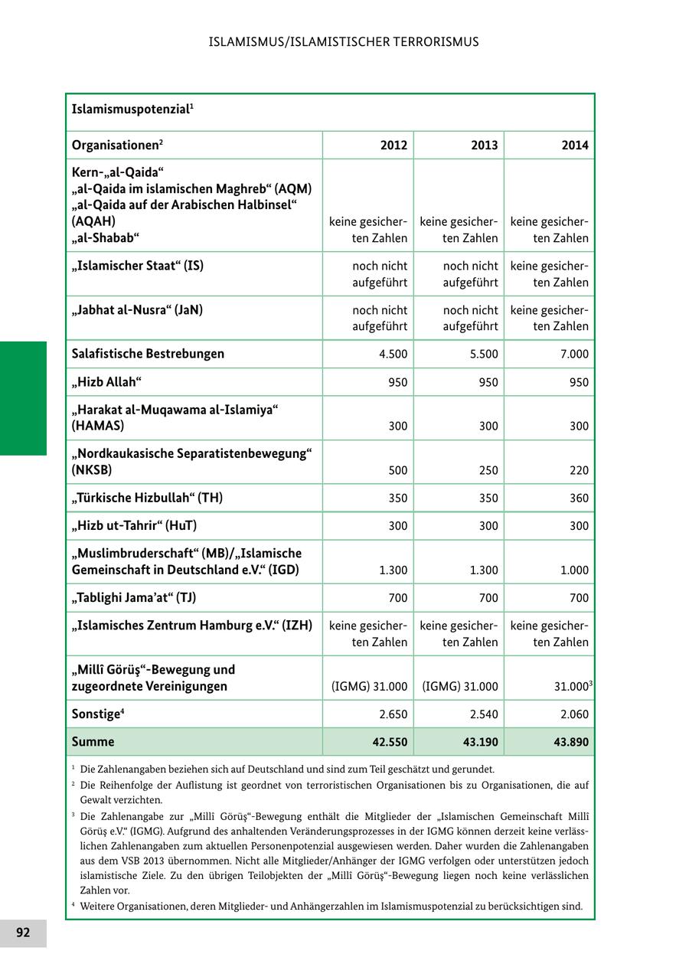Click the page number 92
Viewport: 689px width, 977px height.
point(23,933)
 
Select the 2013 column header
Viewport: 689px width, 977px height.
point(485,145)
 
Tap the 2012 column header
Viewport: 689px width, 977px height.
point(394,145)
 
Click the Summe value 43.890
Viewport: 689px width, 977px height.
point(569,742)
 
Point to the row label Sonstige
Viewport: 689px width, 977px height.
point(98,714)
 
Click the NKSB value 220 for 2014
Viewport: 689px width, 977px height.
point(579,470)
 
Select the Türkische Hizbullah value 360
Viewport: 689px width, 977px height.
point(579,498)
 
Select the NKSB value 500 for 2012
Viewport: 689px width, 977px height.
point(397,470)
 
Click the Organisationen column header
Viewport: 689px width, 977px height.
point(117,145)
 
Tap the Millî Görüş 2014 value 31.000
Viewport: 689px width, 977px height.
point(570,687)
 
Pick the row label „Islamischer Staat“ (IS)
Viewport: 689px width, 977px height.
point(138,266)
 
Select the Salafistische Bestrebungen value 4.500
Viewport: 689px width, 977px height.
point(391,355)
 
